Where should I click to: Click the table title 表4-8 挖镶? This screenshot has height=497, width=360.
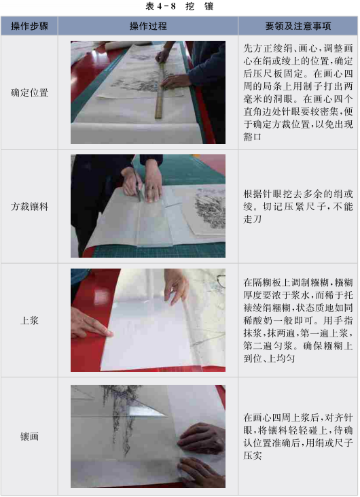pos(179,6)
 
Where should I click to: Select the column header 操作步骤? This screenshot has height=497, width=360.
pos(29,26)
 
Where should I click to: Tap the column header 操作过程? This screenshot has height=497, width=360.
pos(148,26)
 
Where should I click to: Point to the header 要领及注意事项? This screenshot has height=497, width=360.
pos(298,26)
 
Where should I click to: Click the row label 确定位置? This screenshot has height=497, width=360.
pos(29,92)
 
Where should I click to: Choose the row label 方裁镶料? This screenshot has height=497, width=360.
pos(29,207)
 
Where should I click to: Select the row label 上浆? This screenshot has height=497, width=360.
pos(29,320)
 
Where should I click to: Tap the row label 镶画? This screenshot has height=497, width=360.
pos(29,436)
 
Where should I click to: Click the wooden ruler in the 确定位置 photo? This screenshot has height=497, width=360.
pos(160,90)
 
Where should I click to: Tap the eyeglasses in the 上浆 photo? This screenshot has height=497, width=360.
pos(221,281)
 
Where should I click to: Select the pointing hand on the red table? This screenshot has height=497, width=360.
pos(90,323)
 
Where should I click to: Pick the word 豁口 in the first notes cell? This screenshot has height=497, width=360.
pos(253,137)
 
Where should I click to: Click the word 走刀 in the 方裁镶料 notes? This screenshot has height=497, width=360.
pos(253,219)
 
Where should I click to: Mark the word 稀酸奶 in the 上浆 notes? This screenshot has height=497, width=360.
pos(257,320)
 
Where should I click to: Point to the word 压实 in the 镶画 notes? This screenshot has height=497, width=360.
pos(253,456)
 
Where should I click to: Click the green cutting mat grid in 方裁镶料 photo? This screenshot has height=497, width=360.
pos(158,250)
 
